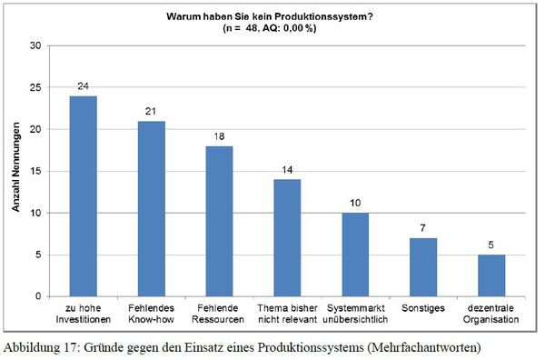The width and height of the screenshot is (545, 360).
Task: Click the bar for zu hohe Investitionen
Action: (84, 196)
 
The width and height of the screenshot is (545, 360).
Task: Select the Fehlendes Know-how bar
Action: (151, 209)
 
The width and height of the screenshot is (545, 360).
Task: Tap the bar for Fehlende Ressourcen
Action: (219, 221)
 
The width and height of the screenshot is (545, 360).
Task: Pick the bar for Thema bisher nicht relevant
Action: (287, 238)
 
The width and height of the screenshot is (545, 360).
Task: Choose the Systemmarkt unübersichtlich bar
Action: (354, 255)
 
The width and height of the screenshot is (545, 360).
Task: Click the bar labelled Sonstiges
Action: (422, 267)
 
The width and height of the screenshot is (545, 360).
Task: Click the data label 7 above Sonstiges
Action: (422, 229)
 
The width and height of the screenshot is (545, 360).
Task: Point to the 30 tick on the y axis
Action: (35, 45)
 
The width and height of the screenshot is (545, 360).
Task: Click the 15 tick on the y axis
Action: (35, 171)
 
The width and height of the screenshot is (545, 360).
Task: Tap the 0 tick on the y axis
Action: (38, 296)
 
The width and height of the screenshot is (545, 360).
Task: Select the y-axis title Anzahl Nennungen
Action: (16, 171)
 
